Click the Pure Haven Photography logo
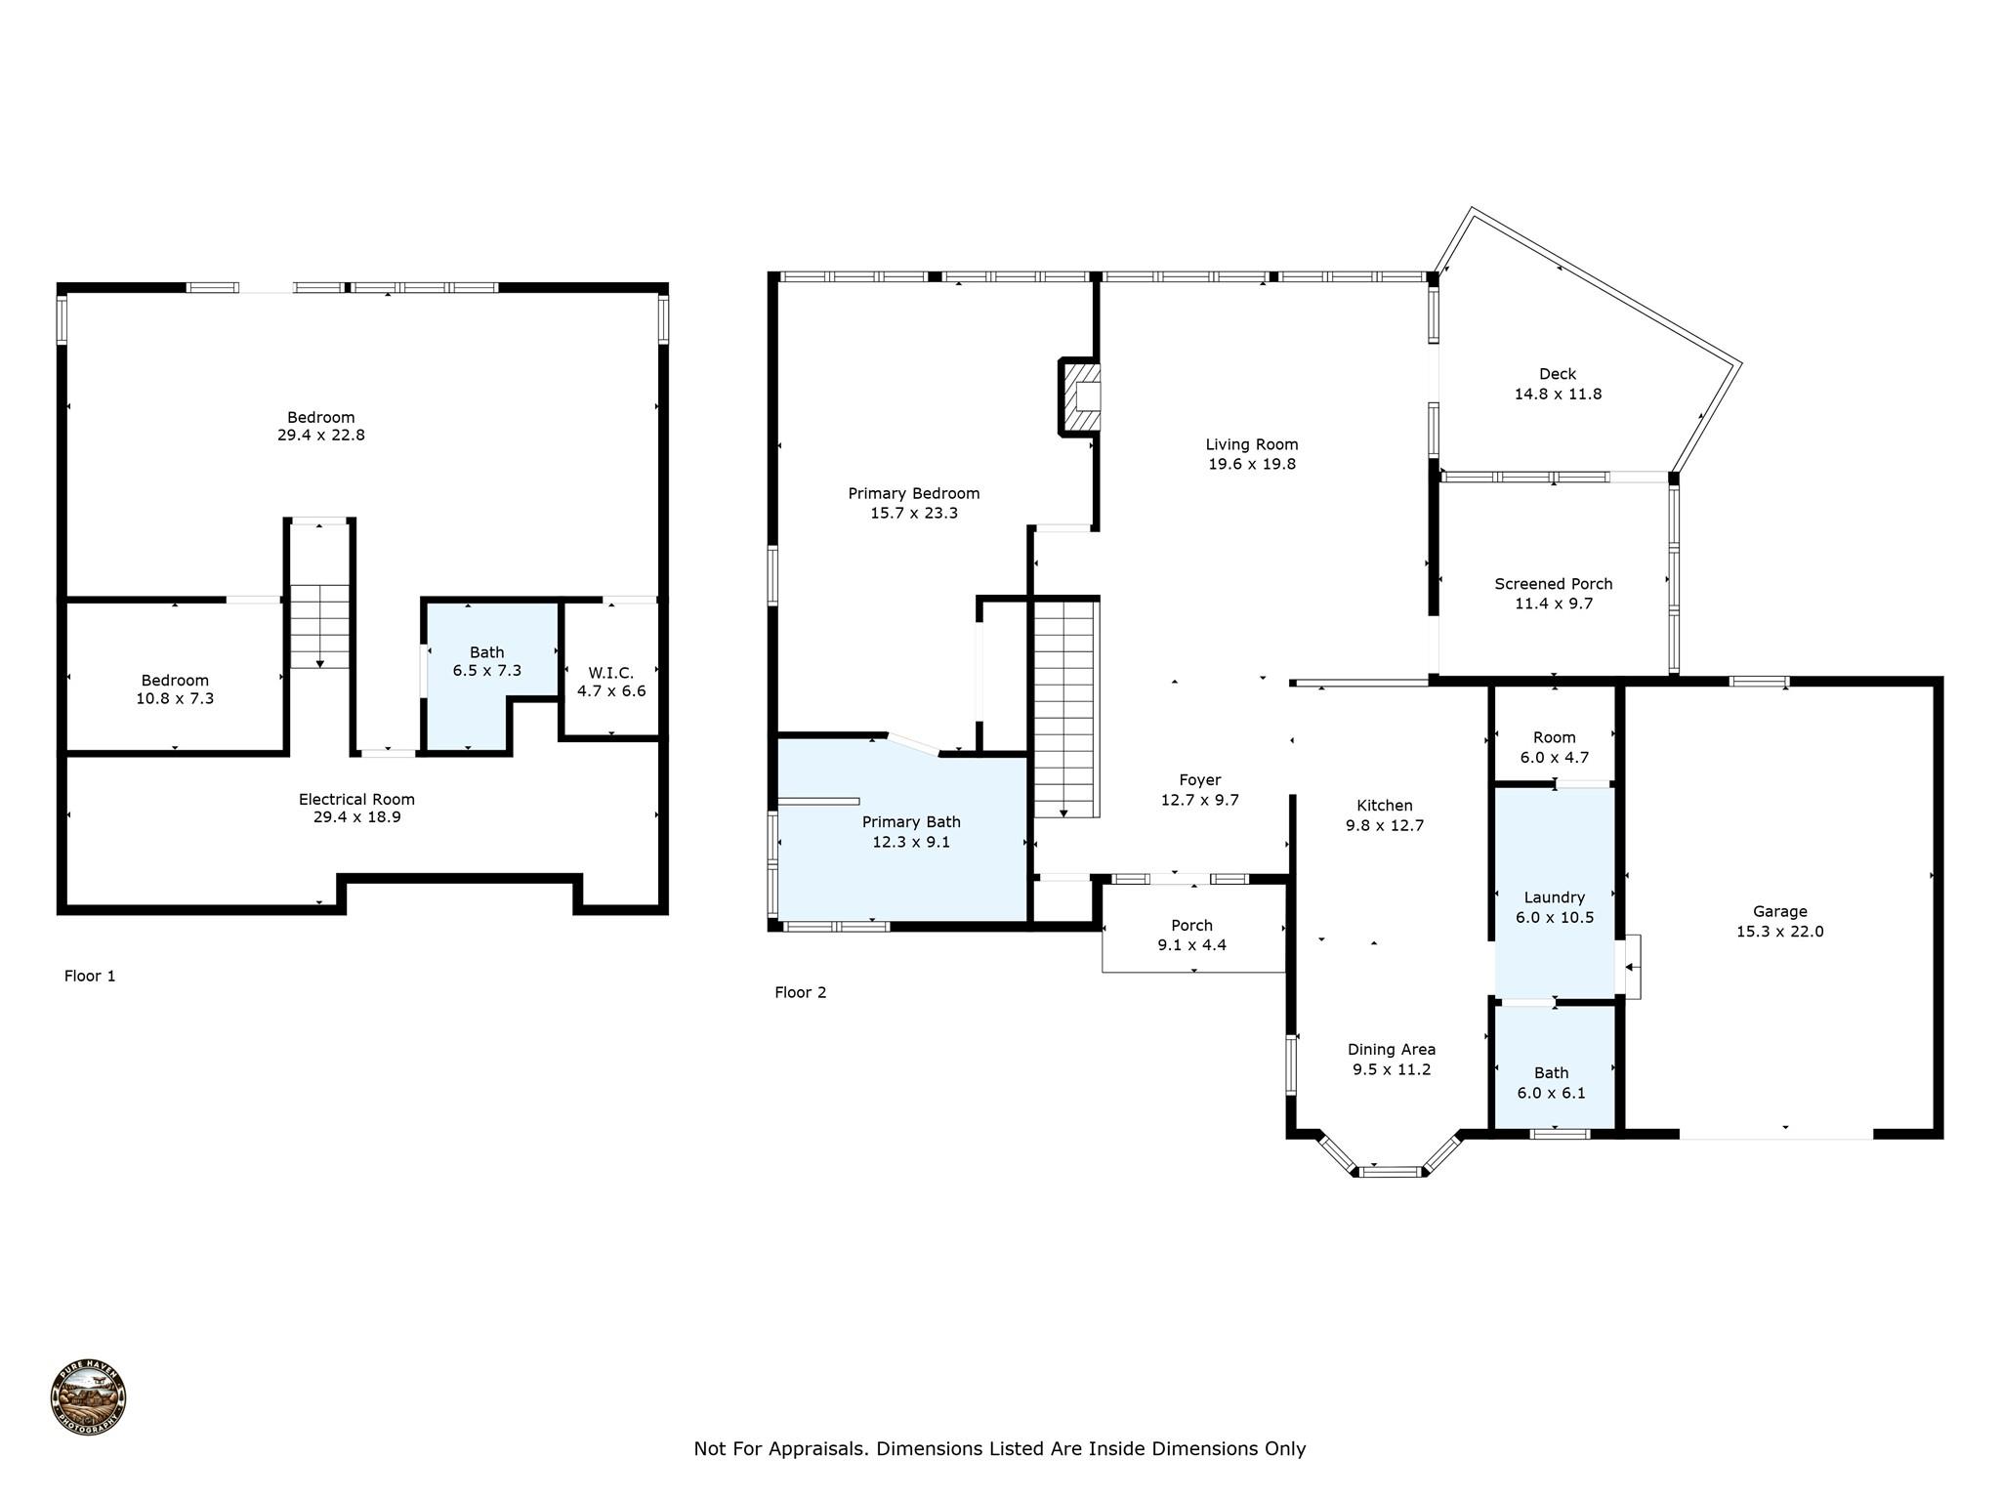tap(88, 1397)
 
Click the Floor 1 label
tap(90, 976)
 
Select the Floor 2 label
tap(800, 992)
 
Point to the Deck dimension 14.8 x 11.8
tap(1558, 395)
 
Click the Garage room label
tap(1779, 911)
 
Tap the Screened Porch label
tap(1553, 584)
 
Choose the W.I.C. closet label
tap(610, 673)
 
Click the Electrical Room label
tap(356, 799)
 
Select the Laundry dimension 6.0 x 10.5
tap(1554, 917)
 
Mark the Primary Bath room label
tap(910, 822)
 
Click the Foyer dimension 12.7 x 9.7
tap(1199, 800)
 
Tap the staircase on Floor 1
tap(319, 625)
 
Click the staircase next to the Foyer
tap(1066, 708)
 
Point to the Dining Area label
tap(1391, 1050)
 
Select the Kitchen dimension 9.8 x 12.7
tap(1385, 825)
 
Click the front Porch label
tap(1191, 925)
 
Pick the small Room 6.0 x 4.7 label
tap(1554, 737)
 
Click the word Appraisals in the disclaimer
tap(817, 1448)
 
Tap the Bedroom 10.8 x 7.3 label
tap(175, 681)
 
